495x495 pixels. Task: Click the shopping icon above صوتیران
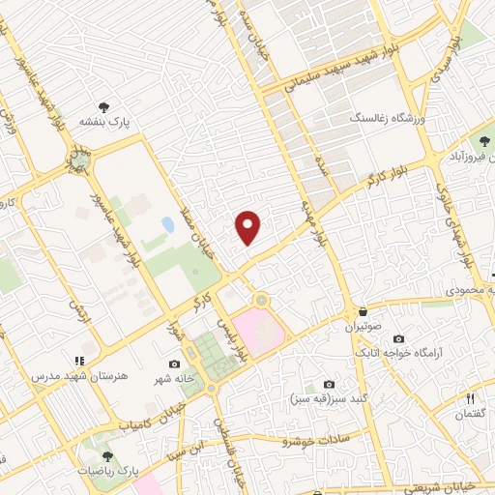click(x=362, y=311)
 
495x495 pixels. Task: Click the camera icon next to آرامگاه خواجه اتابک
click(x=399, y=339)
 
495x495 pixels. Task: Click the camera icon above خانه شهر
click(x=174, y=364)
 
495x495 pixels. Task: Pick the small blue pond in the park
click(x=169, y=225)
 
